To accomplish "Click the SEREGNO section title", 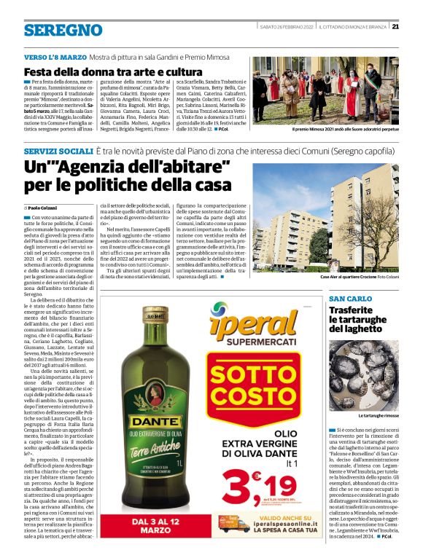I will (63, 30).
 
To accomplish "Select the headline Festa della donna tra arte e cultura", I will (112, 72).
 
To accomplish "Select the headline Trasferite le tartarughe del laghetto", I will (360, 318).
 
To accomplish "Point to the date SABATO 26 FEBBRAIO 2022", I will (286, 28).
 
